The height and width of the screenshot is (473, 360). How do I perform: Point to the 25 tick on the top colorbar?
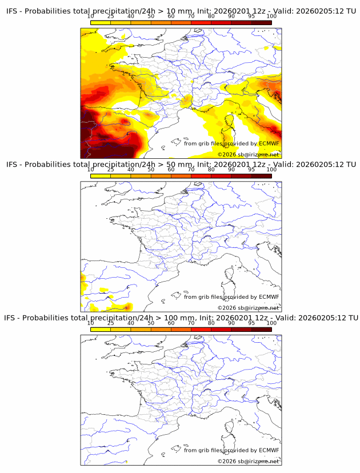pos(111,16)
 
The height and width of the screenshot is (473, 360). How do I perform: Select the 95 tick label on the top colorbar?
pos(251,16)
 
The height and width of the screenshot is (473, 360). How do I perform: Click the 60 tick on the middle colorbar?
pos(171,170)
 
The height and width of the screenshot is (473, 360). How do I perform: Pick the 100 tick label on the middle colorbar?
pos(271,170)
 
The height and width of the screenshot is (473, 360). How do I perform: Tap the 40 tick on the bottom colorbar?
pos(131,323)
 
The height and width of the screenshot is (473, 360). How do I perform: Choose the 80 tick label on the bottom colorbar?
pos(211,323)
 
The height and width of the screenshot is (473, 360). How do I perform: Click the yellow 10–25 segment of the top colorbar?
pos(101,22)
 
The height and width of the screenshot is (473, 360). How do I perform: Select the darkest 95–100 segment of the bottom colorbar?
pos(261,330)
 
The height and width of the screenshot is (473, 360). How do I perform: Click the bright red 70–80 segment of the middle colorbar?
pos(201,176)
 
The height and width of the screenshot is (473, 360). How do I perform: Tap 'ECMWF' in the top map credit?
pos(269,143)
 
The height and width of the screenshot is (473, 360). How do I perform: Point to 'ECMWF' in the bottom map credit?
pos(269,450)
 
